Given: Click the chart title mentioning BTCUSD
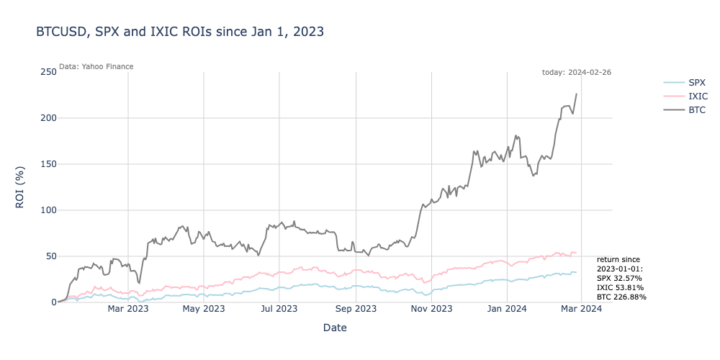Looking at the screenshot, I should pyautogui.click(x=180, y=32).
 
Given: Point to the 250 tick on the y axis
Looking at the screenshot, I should pyautogui.click(x=48, y=72).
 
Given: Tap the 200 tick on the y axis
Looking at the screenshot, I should pyautogui.click(x=48, y=118).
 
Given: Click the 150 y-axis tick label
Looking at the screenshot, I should pyautogui.click(x=48, y=164).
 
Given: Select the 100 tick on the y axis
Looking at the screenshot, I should pyautogui.click(x=48, y=210).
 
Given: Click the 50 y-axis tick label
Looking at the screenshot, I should pyautogui.click(x=50, y=256).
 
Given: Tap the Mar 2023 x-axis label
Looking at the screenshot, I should pyautogui.click(x=128, y=310).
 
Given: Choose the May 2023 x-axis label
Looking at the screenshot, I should pyautogui.click(x=204, y=310).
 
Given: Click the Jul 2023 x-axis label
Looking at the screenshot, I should pyautogui.click(x=279, y=310).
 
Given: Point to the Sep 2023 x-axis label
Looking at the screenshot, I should pyautogui.click(x=356, y=310).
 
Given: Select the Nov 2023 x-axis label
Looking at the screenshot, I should pyautogui.click(x=431, y=310).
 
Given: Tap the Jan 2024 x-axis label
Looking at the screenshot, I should pyautogui.click(x=507, y=310).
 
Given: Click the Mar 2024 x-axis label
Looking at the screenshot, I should pyautogui.click(x=581, y=310).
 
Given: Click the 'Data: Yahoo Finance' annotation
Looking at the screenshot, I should pyautogui.click(x=96, y=66).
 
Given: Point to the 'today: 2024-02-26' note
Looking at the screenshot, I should pyautogui.click(x=576, y=72).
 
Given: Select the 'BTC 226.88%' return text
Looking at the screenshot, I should pyautogui.click(x=621, y=297).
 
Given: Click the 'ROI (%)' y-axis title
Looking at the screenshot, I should pyautogui.click(x=20, y=187).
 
